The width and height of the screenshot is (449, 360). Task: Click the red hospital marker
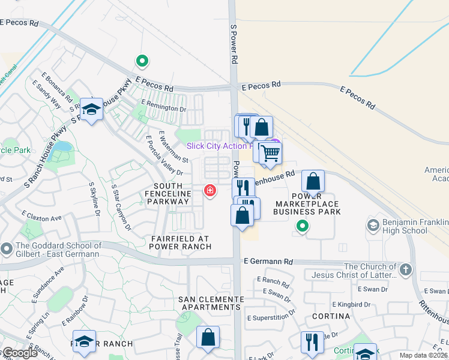tap(209, 191)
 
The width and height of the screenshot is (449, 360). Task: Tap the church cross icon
tap(406, 269)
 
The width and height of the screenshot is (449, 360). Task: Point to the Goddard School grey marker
tap(7, 248)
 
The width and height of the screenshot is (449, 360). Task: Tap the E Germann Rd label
tap(268, 262)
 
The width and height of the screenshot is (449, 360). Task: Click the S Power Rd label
tap(235, 45)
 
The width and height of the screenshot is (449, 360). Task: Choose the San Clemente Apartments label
tap(209, 303)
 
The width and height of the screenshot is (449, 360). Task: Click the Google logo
tap(20, 353)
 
